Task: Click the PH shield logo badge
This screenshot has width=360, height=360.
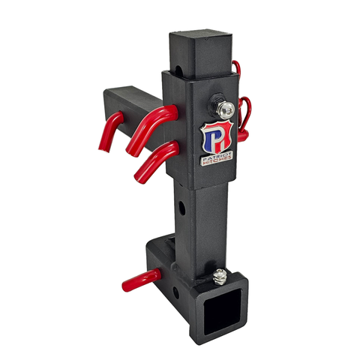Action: [217, 138]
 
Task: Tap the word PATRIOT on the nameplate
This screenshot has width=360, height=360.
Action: [217, 156]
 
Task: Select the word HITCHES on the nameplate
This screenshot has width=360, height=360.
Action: [217, 160]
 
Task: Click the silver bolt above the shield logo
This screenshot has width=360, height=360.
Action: [226, 109]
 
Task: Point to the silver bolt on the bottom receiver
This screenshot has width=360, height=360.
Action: [219, 276]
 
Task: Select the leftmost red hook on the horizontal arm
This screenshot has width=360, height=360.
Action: [110, 132]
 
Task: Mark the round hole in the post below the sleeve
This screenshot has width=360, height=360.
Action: [181, 208]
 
